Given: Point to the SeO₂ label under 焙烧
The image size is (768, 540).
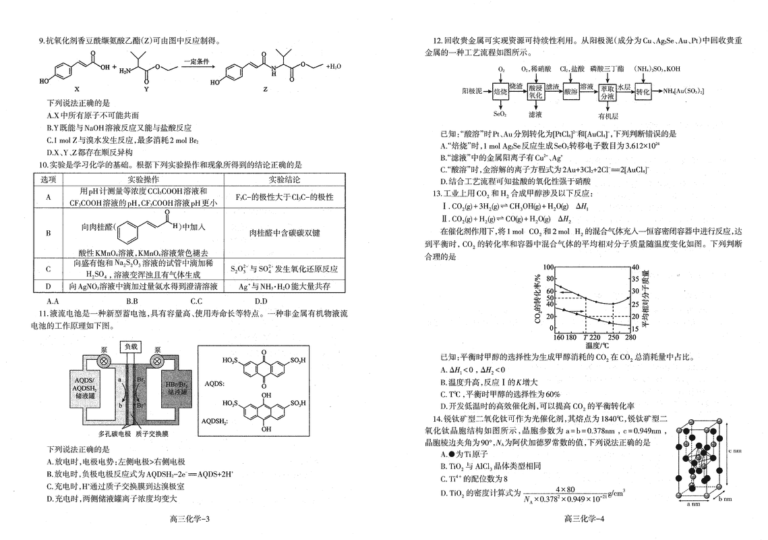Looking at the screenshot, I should click(500, 113).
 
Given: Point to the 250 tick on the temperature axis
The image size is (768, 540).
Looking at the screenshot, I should click(613, 336).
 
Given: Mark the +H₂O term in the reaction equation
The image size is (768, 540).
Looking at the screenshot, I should click(335, 67).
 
